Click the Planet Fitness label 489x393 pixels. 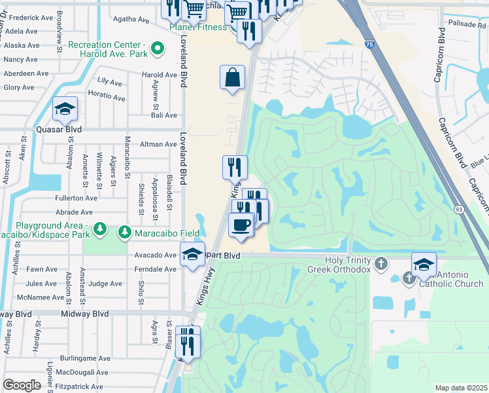coord(198,27)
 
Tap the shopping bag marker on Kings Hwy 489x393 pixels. coord(233,78)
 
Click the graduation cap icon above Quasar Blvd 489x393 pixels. coord(65,109)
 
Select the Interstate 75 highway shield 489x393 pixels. coord(370,45)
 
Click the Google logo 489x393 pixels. coord(22,385)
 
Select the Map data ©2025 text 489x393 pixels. coord(460,388)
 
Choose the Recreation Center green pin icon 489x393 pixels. coord(157,48)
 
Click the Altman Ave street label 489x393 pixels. coord(159,144)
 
